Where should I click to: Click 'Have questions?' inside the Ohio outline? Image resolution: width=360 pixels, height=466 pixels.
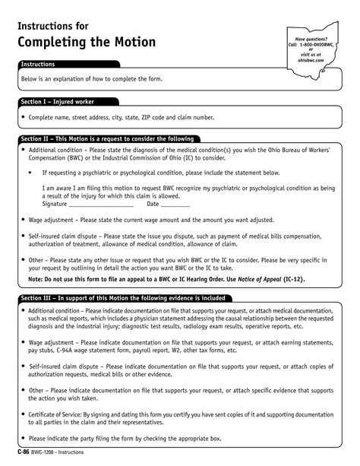pos(311,39)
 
